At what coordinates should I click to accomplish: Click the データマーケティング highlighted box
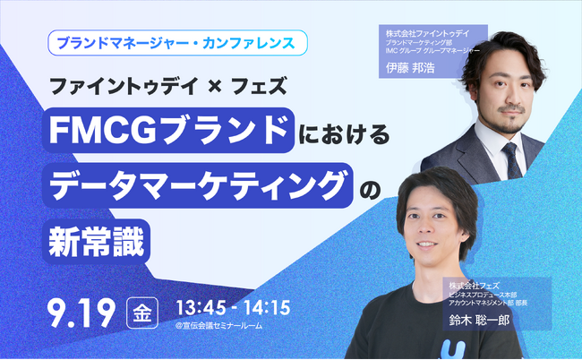point(196,184)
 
